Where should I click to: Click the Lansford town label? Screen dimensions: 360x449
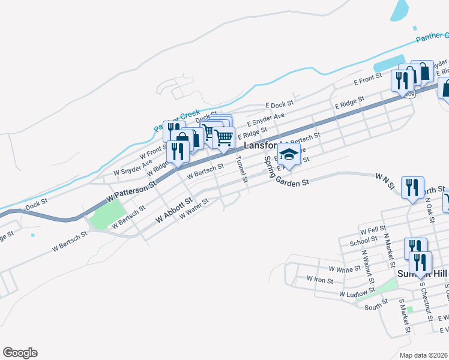[x=261, y=146]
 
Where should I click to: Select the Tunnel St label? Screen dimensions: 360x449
[x=241, y=169]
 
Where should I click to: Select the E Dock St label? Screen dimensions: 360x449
[x=279, y=104]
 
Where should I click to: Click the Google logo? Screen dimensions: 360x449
[x=20, y=353]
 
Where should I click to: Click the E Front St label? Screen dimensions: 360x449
[x=367, y=79]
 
